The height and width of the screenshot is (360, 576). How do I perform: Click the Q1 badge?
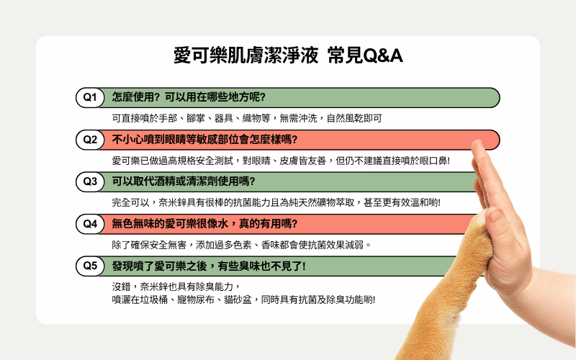click(x=90, y=97)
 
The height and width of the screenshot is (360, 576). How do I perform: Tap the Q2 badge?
click(x=90, y=140)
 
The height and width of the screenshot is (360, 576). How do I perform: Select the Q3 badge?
click(x=90, y=181)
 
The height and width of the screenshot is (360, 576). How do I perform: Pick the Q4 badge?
click(x=90, y=224)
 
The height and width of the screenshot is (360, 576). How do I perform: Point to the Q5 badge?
click(x=90, y=266)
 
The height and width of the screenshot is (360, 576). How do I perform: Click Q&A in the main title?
click(x=383, y=56)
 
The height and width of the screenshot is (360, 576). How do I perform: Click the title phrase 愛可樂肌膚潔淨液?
click(x=246, y=56)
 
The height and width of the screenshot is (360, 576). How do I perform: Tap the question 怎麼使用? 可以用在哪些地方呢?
click(x=189, y=97)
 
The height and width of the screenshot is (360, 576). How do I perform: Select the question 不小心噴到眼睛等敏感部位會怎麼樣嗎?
click(x=204, y=140)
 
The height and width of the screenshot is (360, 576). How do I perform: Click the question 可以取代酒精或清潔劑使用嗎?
click(x=184, y=181)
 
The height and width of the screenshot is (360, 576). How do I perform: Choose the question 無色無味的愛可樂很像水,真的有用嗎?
click(x=204, y=224)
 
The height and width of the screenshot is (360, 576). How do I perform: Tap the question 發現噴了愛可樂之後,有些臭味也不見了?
click(x=209, y=266)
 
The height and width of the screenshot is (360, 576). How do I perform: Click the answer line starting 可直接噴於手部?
click(x=247, y=118)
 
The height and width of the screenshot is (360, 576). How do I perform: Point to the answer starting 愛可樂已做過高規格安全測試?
click(x=281, y=161)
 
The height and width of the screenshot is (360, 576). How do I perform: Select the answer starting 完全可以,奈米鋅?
click(x=276, y=202)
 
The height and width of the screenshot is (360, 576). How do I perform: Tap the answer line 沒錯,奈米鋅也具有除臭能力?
click(x=176, y=286)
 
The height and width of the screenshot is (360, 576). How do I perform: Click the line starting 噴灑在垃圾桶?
click(x=243, y=300)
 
